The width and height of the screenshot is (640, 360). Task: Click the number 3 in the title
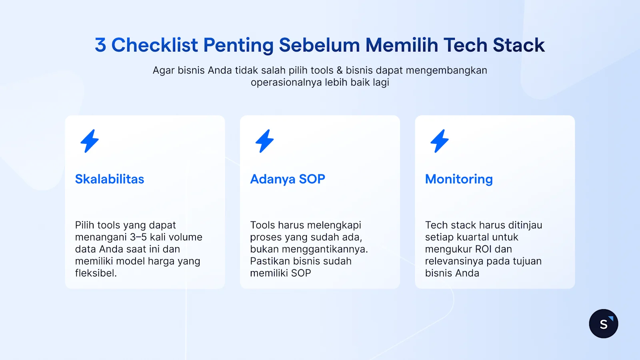click(100, 45)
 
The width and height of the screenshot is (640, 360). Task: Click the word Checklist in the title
click(154, 45)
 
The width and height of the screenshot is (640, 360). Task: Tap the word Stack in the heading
click(518, 45)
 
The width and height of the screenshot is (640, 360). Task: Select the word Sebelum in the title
click(319, 45)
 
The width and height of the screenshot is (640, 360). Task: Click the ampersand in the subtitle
click(340, 70)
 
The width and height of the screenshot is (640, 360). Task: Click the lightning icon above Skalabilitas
click(90, 141)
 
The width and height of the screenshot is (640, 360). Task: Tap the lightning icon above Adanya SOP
click(264, 141)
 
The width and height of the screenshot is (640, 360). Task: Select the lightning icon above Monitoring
click(439, 141)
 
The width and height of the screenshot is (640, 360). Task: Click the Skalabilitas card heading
click(110, 179)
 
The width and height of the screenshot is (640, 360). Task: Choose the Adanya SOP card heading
click(288, 179)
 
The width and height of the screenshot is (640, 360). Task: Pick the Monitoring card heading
click(459, 179)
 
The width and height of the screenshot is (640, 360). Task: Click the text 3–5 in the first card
click(138, 237)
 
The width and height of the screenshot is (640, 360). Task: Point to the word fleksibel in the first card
click(95, 273)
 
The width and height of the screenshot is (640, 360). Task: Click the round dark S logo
click(603, 324)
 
